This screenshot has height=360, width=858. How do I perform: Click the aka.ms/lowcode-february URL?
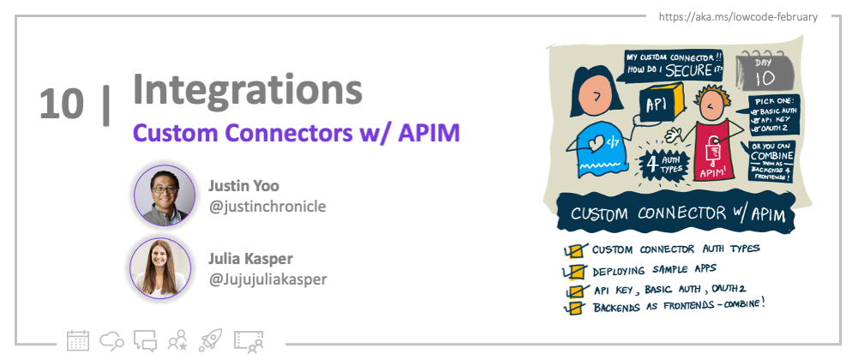(737, 17)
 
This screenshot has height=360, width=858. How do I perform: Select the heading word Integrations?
(247, 89)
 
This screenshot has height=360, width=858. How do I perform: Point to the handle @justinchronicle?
(267, 206)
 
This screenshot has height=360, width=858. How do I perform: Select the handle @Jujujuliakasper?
(267, 278)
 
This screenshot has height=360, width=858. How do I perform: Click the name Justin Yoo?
(243, 185)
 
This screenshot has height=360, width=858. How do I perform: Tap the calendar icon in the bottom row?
(78, 339)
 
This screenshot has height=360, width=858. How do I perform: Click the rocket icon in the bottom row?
(210, 339)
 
